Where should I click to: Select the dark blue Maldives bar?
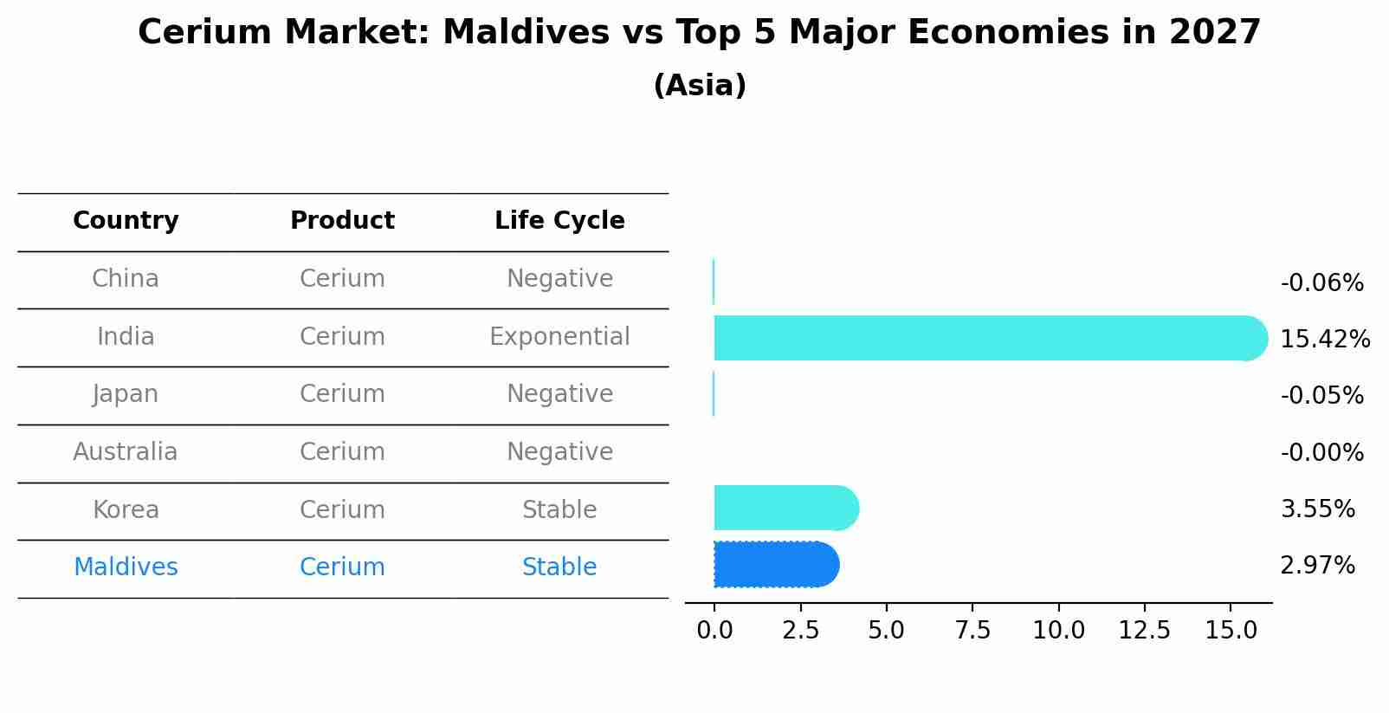[775, 565]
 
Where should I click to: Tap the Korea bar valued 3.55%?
[785, 508]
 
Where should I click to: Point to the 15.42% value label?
[1324, 340]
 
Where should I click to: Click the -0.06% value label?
[1321, 283]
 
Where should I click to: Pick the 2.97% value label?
[1317, 566]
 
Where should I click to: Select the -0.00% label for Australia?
[1321, 453]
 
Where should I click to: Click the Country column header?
[126, 221]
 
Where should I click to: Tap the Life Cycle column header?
[559, 221]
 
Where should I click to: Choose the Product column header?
[342, 221]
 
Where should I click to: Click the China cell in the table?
[126, 279]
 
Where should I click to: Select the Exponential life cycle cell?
[559, 337]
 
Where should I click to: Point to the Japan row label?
[126, 394]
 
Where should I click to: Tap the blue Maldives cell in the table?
[126, 567]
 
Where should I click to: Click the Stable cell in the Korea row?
[559, 510]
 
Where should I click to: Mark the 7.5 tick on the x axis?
[972, 630]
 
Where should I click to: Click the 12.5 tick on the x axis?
[1144, 630]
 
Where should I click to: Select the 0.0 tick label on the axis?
[714, 630]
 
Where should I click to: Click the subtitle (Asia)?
[700, 86]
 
